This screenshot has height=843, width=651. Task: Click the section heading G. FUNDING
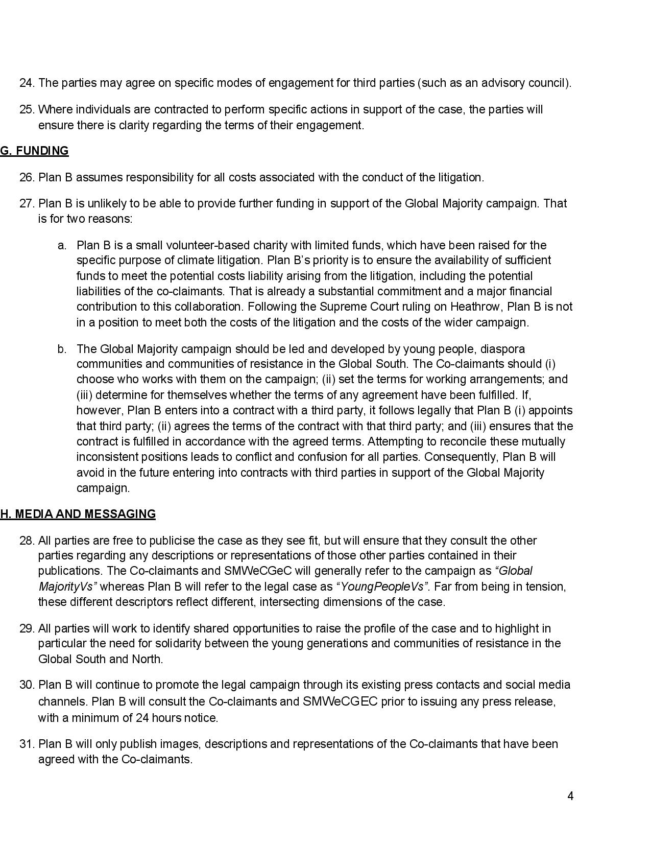click(x=34, y=151)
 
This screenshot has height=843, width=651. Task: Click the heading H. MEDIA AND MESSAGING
click(x=78, y=514)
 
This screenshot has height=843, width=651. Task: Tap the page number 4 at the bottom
click(x=570, y=796)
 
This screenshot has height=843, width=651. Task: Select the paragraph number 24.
click(x=27, y=83)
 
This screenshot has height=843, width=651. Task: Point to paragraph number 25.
click(x=27, y=109)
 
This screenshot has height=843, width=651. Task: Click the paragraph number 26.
click(x=27, y=177)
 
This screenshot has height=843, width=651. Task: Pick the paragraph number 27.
click(x=27, y=203)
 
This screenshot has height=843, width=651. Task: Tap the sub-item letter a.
click(x=62, y=245)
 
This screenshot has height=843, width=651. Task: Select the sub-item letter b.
click(x=62, y=349)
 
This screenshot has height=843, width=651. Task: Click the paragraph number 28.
click(x=27, y=541)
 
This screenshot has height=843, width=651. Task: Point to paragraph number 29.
click(x=27, y=628)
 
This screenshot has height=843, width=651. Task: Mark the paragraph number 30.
click(x=27, y=685)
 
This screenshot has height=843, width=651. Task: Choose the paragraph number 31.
click(x=27, y=744)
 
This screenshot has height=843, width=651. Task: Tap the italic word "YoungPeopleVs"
click(x=382, y=587)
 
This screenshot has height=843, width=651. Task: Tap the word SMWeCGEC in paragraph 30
click(x=340, y=701)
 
